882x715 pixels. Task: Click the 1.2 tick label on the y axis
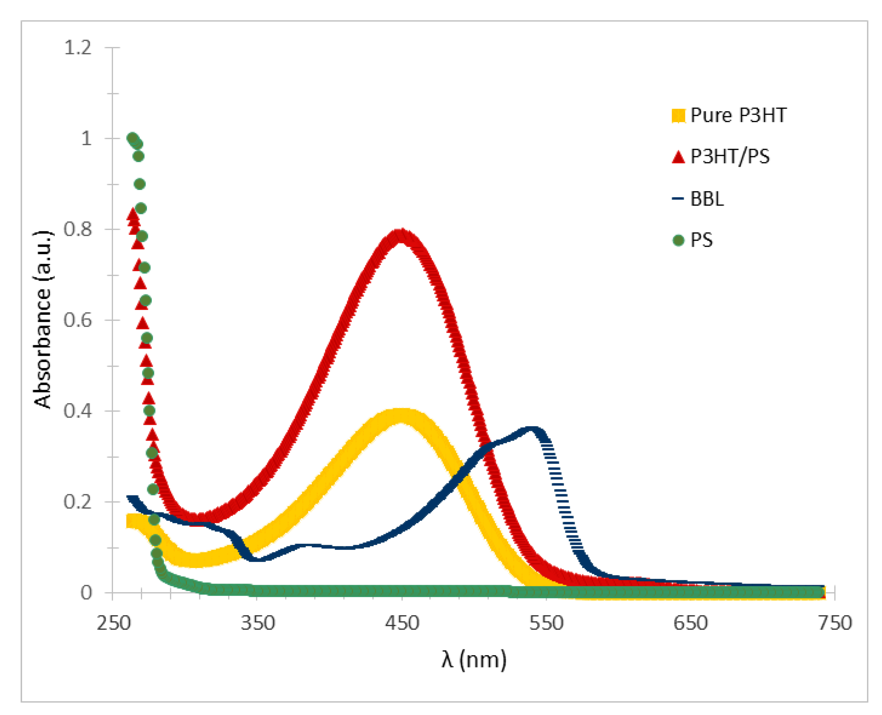78,48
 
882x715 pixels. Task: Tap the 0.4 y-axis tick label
78,411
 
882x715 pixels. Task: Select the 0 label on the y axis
86,592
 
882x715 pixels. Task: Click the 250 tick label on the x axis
113,623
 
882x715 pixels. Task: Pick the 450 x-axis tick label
402,623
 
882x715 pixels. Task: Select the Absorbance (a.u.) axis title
42,319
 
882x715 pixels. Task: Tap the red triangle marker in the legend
678,157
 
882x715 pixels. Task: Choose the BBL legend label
707,199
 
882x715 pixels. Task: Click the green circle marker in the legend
678,240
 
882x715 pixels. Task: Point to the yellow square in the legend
678,115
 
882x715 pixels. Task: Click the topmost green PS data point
132,137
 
